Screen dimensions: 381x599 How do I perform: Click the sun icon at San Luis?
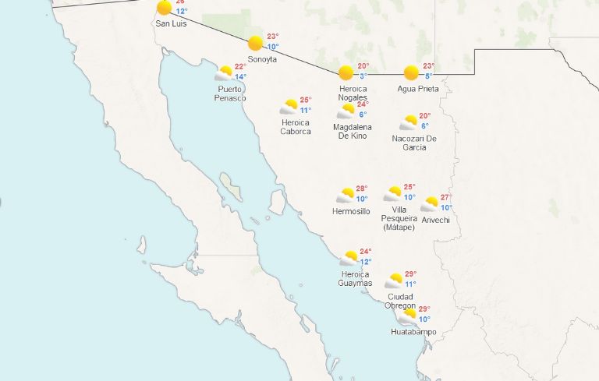[x=164, y=8]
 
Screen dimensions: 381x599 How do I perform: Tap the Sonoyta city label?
[x=262, y=59]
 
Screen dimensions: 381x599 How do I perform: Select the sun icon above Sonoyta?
[x=256, y=44]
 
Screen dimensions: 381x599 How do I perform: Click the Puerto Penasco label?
[x=231, y=93]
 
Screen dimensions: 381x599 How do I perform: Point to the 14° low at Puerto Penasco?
[x=240, y=77]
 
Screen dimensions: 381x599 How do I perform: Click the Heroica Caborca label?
[x=296, y=127]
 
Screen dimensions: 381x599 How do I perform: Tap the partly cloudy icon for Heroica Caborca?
[x=290, y=107]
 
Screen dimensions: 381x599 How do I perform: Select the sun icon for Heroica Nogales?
[x=346, y=72]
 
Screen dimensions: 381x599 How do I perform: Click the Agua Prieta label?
[x=418, y=89]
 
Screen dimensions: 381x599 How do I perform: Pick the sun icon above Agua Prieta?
[x=411, y=72]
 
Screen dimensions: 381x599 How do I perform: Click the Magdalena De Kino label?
[x=353, y=132]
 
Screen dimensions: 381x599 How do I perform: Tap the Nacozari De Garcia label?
[x=414, y=143]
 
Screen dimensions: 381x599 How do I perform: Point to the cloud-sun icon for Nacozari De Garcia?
[x=409, y=123]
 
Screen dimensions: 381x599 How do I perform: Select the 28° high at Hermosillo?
[x=362, y=189]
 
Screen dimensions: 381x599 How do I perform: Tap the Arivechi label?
[x=436, y=220]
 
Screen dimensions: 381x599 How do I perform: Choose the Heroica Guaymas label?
[x=356, y=278]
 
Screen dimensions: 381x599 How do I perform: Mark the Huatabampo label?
[x=413, y=333]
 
